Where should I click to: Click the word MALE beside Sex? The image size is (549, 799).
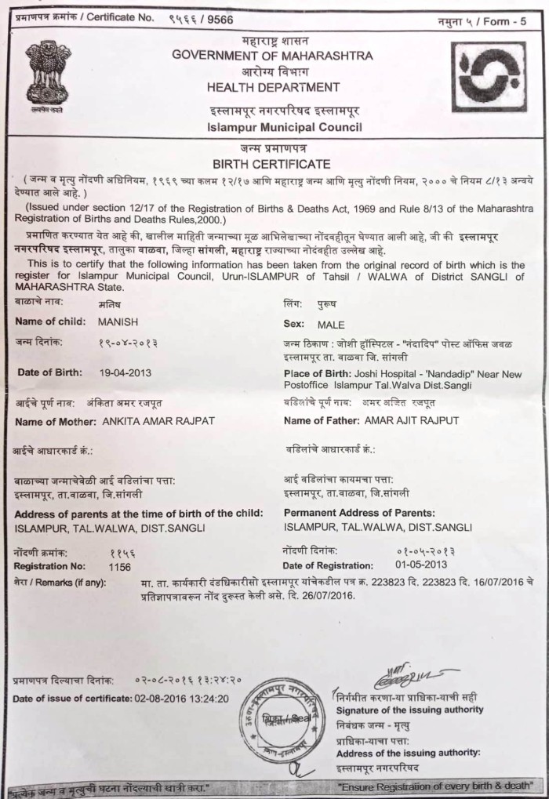331,324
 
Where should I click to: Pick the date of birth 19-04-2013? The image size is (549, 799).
120,372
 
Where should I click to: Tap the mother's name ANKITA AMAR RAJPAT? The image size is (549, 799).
169,421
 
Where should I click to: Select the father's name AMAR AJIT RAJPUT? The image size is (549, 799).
412,421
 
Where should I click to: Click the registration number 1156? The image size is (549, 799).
120,565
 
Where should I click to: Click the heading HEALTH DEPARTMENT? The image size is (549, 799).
274,87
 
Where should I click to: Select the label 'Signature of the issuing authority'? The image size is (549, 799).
409,710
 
